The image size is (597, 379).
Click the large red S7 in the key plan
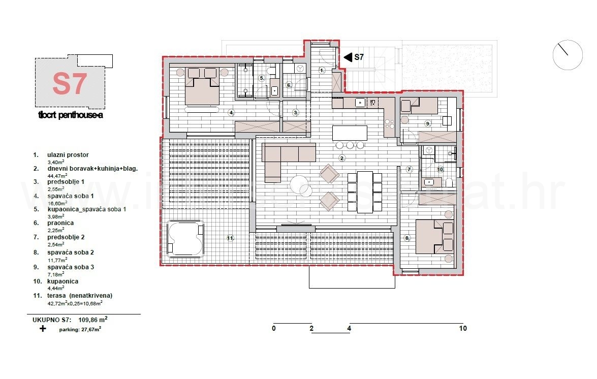click(70, 84)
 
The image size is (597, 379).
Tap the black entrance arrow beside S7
click(348, 57)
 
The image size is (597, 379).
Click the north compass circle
click(568, 55)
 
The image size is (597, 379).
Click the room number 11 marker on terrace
click(230, 238)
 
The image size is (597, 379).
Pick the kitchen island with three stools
click(350, 134)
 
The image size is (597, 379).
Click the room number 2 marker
click(342, 159)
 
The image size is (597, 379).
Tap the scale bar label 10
click(462, 328)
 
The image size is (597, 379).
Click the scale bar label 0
click(274, 328)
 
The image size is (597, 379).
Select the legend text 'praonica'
click(60, 223)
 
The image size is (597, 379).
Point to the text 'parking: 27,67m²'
click(80, 329)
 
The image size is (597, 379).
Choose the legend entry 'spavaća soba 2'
click(71, 252)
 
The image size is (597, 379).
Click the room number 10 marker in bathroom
click(440, 169)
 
